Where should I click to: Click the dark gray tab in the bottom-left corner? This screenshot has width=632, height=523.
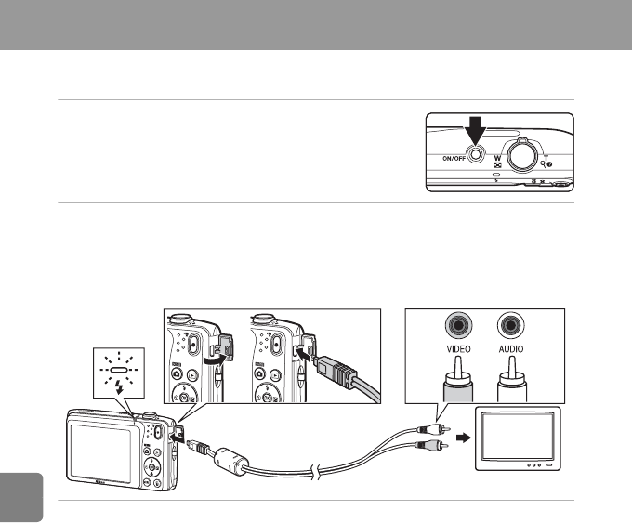[21, 498]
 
